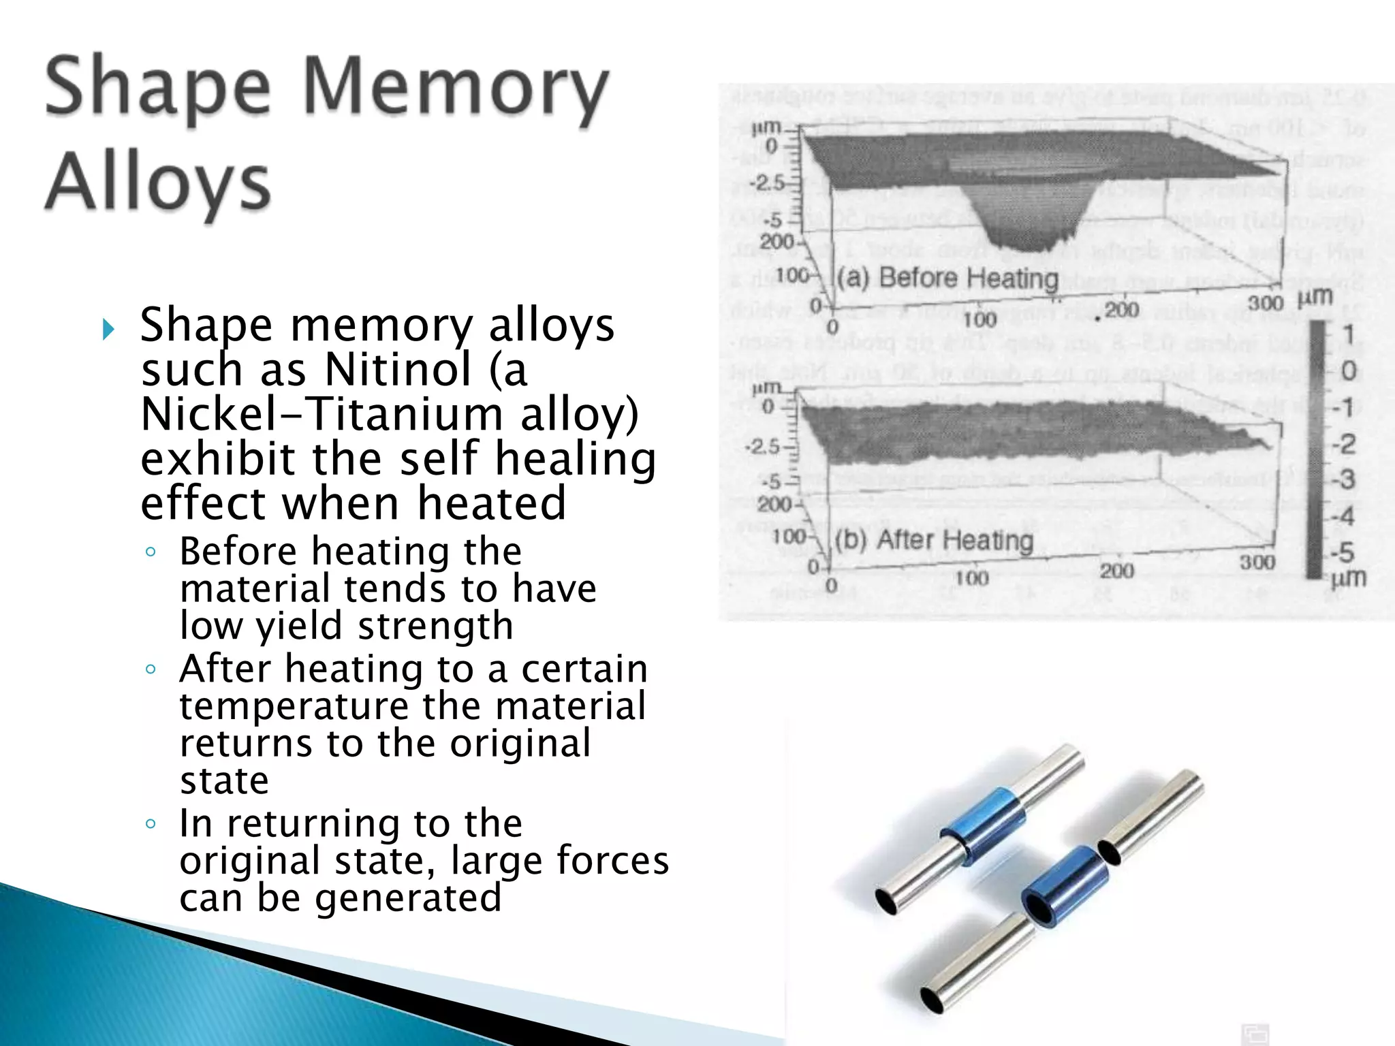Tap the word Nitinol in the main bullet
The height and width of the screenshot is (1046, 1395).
click(398, 370)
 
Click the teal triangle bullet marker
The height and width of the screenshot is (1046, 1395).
click(108, 330)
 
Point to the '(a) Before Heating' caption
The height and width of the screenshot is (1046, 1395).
click(947, 279)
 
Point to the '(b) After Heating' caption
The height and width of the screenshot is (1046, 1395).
click(934, 540)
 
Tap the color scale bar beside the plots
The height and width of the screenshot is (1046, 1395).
click(1315, 449)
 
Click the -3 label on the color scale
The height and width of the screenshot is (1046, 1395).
click(1343, 480)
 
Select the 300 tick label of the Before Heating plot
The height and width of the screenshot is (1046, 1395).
click(1266, 302)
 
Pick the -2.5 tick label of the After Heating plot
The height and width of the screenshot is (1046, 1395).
click(762, 447)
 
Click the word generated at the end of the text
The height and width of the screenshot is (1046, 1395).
click(408, 898)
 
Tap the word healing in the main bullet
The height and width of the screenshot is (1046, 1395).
click(575, 459)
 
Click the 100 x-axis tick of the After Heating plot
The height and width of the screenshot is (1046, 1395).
click(971, 578)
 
